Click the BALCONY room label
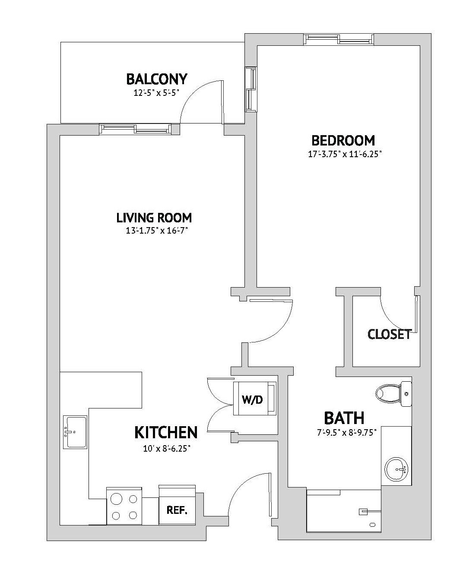pos(156,79)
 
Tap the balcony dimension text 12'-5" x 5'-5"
pos(156,92)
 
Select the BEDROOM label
pos(343,140)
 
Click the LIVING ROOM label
pos(154,218)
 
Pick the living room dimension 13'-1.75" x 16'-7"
pos(154,231)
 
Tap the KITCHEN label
pos(166,432)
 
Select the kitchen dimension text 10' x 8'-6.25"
pos(166,449)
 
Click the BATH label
pos(344,418)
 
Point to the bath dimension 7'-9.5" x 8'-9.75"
pos(344,432)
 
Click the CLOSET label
pos(389,334)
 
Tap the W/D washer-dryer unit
pos(254,399)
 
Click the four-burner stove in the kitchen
pos(124,506)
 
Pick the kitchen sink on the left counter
pos(75,432)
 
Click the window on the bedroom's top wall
pos(339,40)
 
